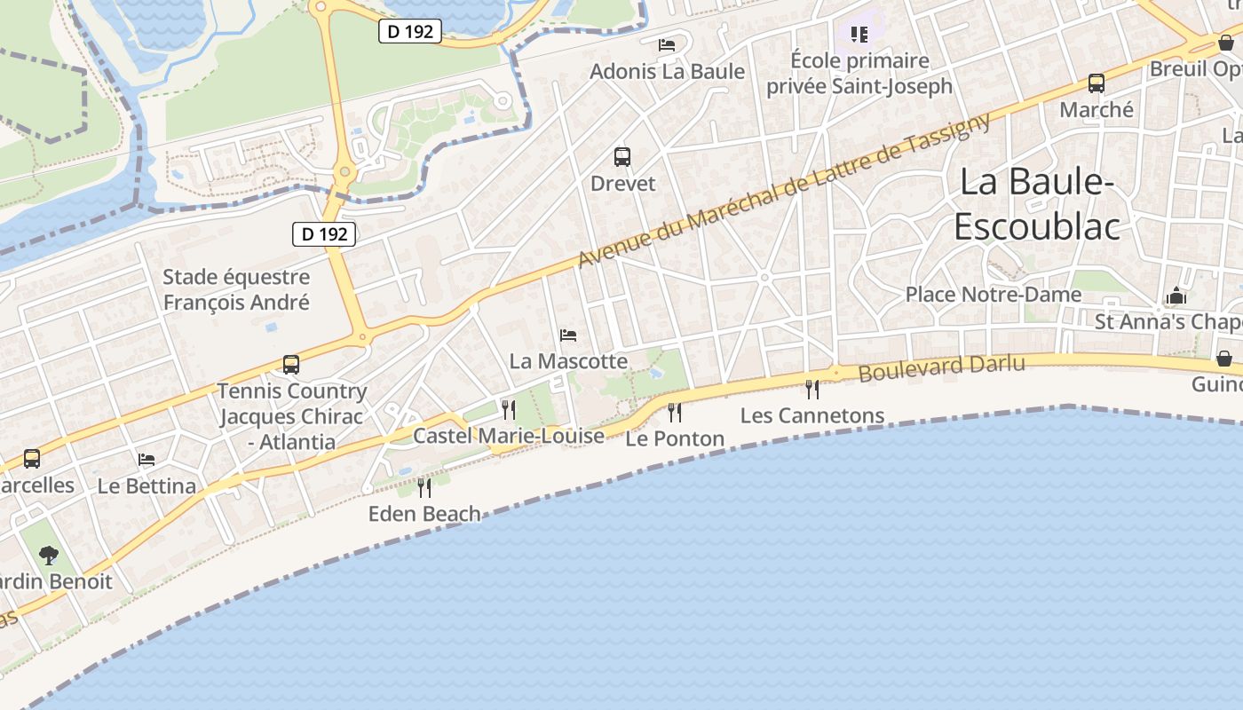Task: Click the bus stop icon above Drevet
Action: pos(622,157)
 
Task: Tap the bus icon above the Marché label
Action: pos(1097,83)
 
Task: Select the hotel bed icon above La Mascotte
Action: pos(568,335)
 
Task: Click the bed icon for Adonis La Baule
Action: pos(667,44)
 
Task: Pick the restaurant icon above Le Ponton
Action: pos(675,412)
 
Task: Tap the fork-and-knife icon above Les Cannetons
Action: pos(812,389)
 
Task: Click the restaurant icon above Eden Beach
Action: pos(424,487)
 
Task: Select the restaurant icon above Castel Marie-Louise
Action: pos(509,409)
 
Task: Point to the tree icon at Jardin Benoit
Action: pos(49,556)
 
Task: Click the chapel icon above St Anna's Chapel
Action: pos(1176,296)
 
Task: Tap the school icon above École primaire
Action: pos(859,35)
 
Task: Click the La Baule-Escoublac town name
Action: pos(1037,204)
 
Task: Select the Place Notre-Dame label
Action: pos(993,295)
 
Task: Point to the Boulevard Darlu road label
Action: pos(941,367)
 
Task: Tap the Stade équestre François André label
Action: pos(236,289)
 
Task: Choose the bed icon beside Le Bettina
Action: pos(146,459)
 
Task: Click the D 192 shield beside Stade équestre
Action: pos(324,234)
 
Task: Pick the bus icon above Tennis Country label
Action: pos(291,364)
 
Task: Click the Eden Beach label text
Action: pos(424,514)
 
